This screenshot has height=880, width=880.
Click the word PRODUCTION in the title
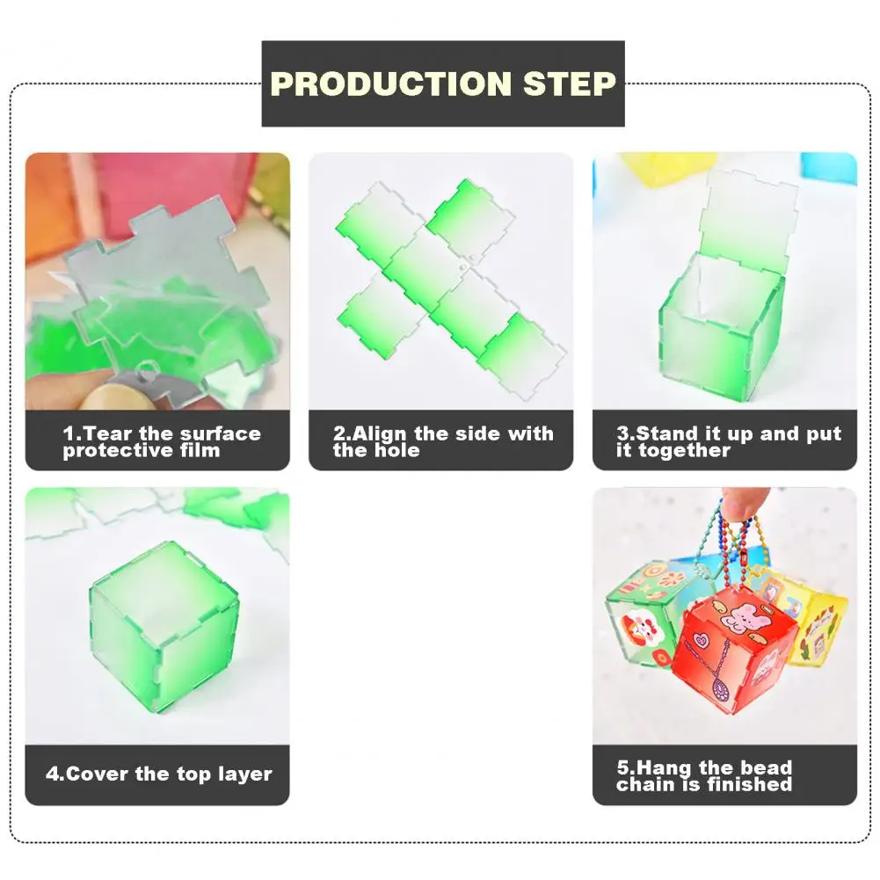tap(390, 84)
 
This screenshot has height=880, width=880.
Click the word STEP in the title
tap(570, 84)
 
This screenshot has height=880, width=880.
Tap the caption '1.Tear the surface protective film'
tap(161, 442)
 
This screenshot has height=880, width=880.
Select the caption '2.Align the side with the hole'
tap(443, 442)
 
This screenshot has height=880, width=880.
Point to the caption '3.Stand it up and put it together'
tap(728, 442)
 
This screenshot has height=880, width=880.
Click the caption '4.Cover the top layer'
tap(158, 775)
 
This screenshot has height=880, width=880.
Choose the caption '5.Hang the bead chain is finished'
tap(704, 775)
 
